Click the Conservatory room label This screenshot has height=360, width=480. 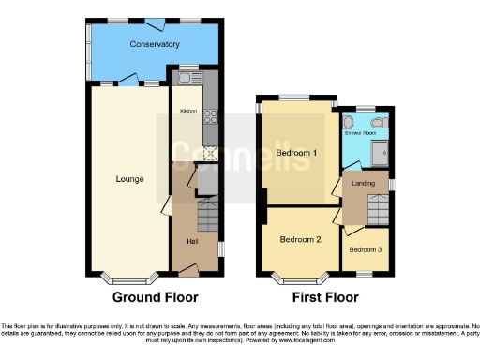[155, 44]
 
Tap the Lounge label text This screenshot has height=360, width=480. [129, 178]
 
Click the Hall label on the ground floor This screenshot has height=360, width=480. [192, 242]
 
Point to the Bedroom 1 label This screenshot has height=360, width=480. [296, 153]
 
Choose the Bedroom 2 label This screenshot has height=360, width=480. [300, 239]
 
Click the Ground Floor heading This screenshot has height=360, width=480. [156, 297]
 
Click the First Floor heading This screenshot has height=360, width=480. [326, 297]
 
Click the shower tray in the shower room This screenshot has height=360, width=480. [382, 150]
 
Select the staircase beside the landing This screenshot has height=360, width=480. [379, 208]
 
